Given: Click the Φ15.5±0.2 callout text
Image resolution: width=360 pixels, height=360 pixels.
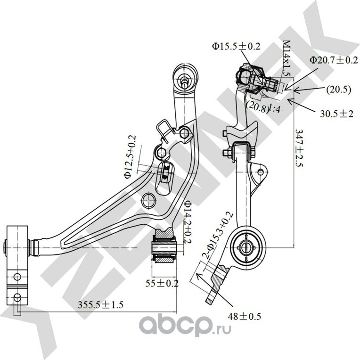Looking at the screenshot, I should click(236, 46).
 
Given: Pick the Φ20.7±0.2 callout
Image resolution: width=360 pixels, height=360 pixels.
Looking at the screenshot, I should click(333, 60).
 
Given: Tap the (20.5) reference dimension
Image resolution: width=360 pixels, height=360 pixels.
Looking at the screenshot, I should click(338, 90).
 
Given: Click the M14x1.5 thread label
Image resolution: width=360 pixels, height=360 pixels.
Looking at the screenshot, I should click(286, 57).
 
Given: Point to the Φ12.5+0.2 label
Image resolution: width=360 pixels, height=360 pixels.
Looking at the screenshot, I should click(131, 157).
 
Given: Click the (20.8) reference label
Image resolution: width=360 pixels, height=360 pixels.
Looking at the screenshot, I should click(256, 105).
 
